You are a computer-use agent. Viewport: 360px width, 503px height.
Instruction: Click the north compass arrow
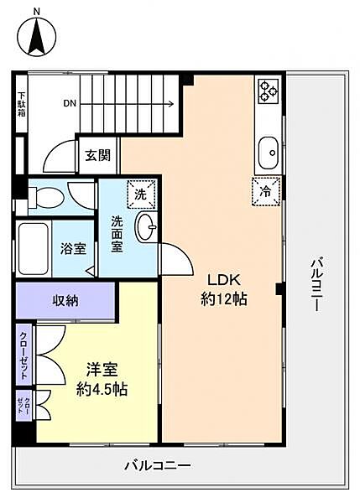click(37, 38)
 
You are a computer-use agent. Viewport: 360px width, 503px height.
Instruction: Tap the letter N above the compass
click(36, 11)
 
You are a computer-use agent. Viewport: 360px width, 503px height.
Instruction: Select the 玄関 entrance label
click(97, 155)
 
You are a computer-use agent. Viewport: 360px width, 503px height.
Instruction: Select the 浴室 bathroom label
click(73, 249)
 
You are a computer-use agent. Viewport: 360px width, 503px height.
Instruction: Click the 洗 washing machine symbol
click(140, 194)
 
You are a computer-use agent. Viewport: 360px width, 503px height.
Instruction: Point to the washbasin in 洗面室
click(146, 226)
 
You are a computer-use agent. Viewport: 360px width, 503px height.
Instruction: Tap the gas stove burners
click(269, 91)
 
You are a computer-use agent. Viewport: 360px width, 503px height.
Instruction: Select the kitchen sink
click(269, 153)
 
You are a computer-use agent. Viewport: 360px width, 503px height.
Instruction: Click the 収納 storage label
click(66, 300)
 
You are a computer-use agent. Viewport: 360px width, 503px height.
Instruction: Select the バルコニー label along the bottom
click(159, 465)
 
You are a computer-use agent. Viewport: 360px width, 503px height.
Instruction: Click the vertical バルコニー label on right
click(316, 286)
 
